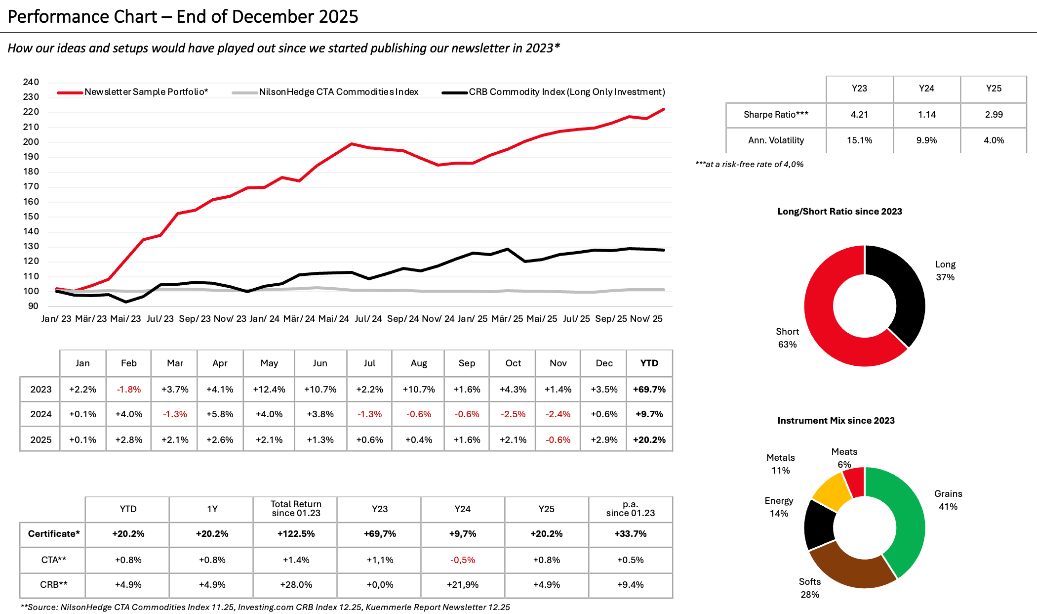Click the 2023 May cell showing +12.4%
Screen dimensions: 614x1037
(269, 390)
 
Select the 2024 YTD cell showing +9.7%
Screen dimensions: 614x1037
(649, 414)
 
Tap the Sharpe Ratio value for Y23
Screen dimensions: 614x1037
(859, 115)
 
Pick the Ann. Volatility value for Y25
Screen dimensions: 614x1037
(994, 140)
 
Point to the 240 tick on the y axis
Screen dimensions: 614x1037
(31, 82)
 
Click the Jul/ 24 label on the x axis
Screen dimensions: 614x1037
(368, 319)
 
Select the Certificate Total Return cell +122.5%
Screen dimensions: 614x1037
(296, 534)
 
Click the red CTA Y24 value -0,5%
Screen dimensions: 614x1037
(463, 560)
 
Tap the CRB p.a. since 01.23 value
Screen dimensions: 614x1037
(630, 585)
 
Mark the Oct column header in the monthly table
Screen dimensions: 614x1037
(513, 363)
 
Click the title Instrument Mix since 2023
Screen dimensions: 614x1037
(836, 421)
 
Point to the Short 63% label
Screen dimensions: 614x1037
(787, 338)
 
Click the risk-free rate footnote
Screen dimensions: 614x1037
(750, 164)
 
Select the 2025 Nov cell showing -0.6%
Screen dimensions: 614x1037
(558, 440)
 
